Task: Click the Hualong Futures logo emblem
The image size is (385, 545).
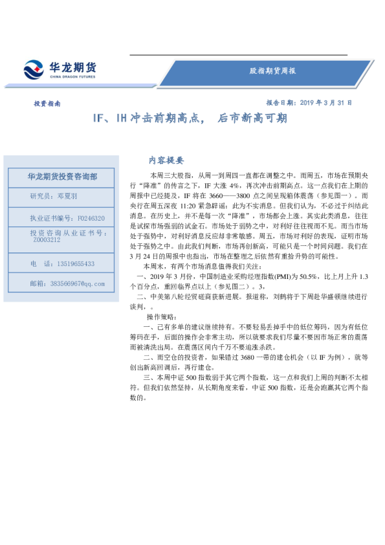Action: [34, 69]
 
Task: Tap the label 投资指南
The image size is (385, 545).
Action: [47, 103]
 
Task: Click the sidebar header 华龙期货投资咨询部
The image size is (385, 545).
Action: [62, 176]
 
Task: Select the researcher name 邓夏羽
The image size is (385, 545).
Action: [67, 195]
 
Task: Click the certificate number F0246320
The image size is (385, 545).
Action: [91, 219]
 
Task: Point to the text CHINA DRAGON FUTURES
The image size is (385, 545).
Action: [72, 77]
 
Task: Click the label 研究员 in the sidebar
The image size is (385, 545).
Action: [41, 195]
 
